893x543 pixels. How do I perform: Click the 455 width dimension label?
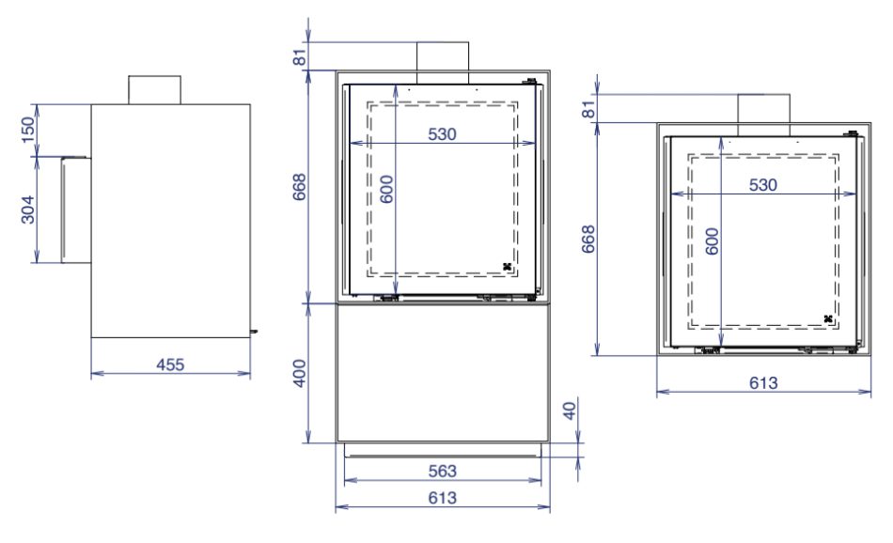[x=170, y=365]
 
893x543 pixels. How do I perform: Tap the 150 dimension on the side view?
[x=27, y=130]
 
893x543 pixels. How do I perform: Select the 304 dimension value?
[x=27, y=209]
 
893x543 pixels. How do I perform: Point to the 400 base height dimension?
[x=300, y=373]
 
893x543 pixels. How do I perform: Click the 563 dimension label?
[x=442, y=471]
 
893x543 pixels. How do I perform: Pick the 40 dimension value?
[x=570, y=411]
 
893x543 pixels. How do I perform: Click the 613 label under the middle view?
[x=442, y=498]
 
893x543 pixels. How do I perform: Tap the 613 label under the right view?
[x=763, y=382]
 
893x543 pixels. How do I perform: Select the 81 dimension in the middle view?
[x=300, y=57]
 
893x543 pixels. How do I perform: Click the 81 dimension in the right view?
[x=588, y=109]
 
